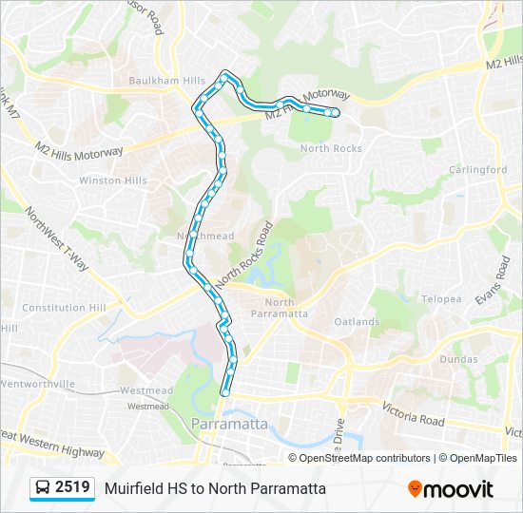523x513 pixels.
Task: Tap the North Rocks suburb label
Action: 331,148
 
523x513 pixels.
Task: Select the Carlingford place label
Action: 477,170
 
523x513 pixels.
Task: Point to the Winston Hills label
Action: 112,180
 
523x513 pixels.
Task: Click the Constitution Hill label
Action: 64,308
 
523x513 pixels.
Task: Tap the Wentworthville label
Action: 37,384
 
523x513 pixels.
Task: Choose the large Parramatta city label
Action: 229,424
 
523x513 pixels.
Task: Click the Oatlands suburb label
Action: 357,322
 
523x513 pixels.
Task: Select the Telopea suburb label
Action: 441,299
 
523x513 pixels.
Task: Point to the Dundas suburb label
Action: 458,360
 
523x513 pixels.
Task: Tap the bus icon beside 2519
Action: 43,488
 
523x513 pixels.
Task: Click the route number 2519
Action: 73,488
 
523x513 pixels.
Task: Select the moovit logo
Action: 451,489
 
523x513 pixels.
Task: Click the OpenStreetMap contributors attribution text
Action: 364,458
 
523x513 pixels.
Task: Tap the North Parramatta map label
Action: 280,307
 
